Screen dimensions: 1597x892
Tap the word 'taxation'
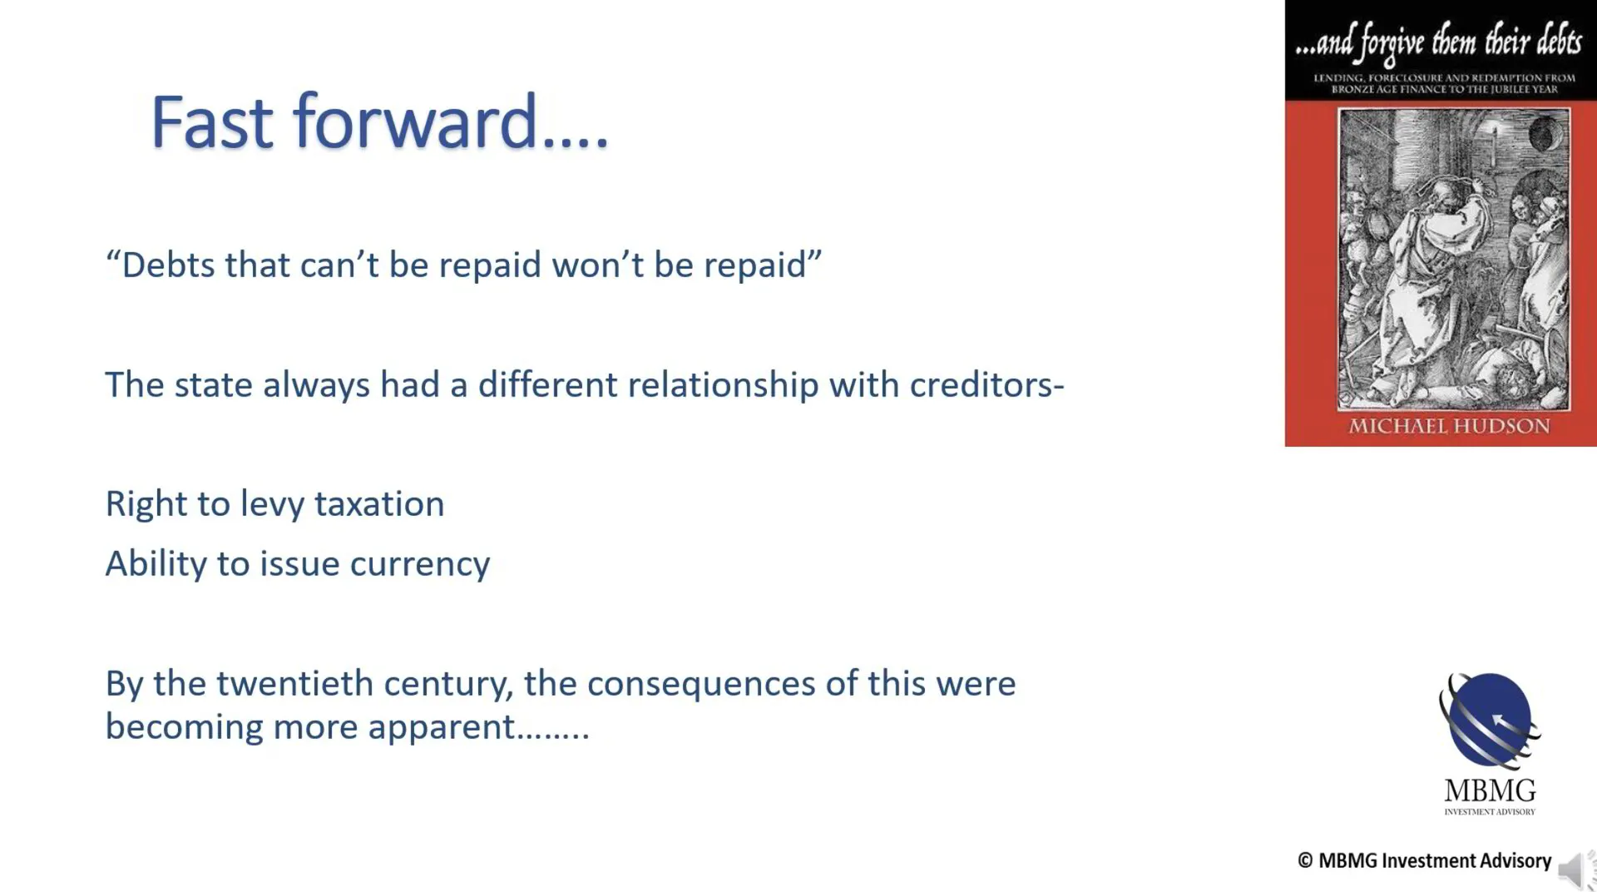[x=379, y=504]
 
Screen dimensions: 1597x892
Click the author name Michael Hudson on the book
[x=1449, y=426]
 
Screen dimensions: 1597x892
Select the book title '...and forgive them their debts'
[x=1439, y=42]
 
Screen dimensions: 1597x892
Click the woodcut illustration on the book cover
[x=1453, y=259]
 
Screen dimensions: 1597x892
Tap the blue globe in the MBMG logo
[x=1490, y=720]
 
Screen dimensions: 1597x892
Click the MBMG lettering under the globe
[x=1490, y=790]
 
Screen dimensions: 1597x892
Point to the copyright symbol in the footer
[x=1305, y=860]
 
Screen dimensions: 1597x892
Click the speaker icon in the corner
[x=1575, y=870]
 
